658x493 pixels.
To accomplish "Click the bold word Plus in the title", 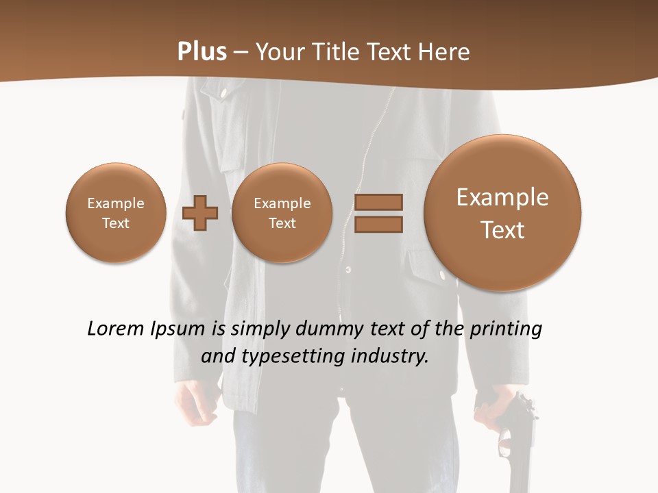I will (202, 52).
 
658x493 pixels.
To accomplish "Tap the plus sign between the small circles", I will (200, 213).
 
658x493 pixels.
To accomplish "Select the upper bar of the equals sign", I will (378, 202).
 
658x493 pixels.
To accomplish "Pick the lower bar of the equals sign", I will (378, 224).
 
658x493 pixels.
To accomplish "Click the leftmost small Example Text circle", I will (116, 213).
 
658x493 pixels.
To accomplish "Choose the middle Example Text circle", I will (282, 213).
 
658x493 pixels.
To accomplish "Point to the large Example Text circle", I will (502, 213).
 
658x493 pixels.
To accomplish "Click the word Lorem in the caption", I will (115, 329).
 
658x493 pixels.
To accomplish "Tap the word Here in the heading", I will (445, 52).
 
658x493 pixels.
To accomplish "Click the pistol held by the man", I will (517, 438).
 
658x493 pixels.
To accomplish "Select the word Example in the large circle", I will (502, 197).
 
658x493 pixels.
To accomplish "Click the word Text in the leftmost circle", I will (116, 223).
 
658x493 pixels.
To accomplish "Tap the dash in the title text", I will (241, 53).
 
